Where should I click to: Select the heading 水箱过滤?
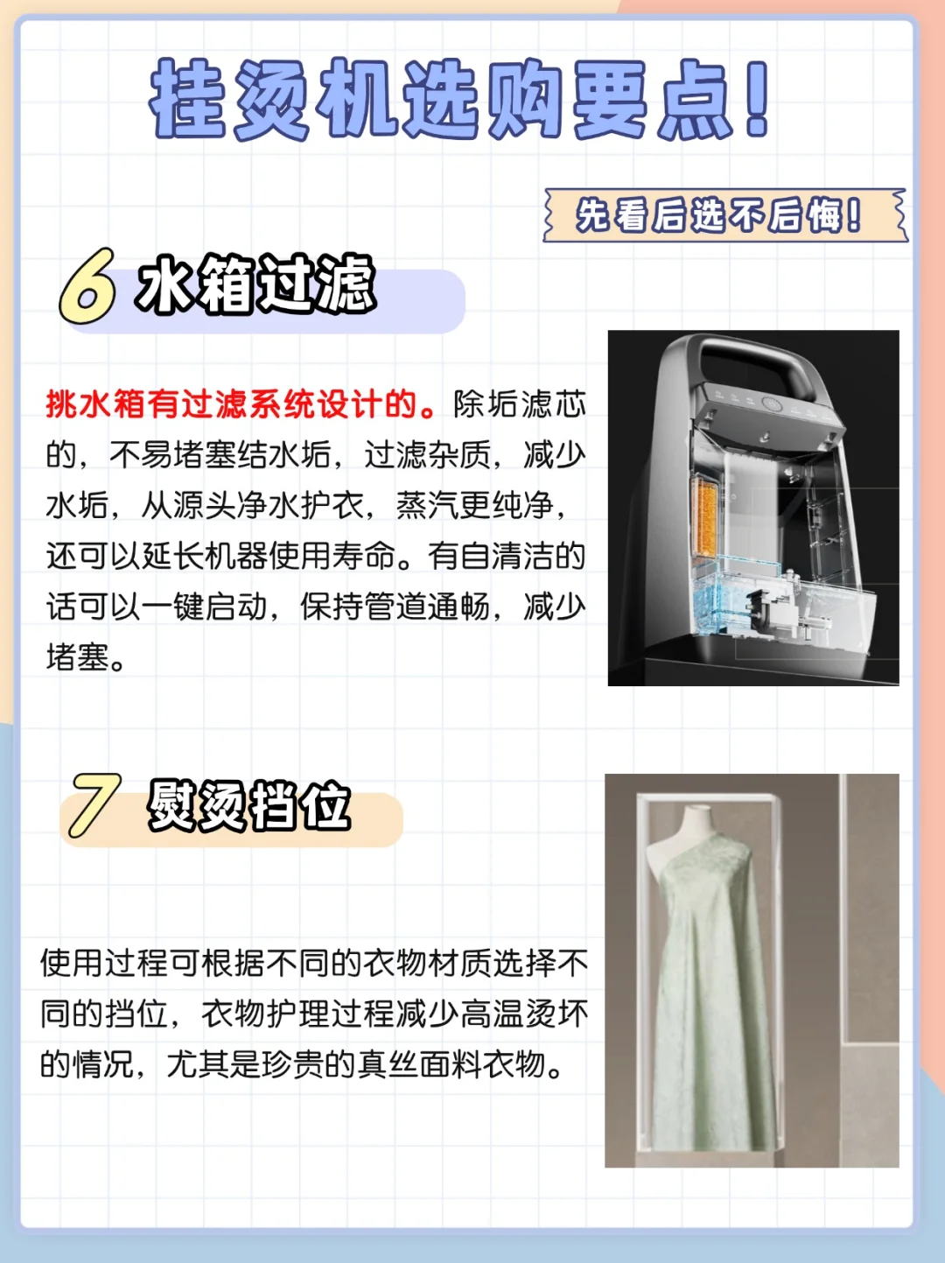click(x=256, y=284)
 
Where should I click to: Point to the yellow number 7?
click(x=94, y=805)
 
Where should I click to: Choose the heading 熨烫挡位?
click(x=248, y=805)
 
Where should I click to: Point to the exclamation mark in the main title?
click(x=757, y=100)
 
